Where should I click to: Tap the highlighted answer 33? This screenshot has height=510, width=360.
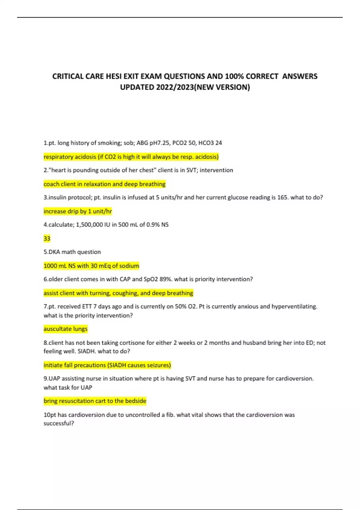point(47,238)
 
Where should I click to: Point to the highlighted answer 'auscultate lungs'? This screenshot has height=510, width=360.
point(65,329)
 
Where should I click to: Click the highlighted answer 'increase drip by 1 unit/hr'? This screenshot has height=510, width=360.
point(78,211)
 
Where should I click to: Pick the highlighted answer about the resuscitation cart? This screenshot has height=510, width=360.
point(95,401)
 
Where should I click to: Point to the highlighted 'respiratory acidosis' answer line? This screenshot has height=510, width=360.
point(131,157)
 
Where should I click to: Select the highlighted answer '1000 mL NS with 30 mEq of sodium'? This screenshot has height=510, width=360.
point(91,266)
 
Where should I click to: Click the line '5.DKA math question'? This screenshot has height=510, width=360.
point(72,252)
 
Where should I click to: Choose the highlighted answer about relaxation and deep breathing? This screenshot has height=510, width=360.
point(104,184)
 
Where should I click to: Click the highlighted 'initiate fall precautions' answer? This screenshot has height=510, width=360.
point(107,365)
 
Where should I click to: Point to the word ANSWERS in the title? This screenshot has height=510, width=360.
point(300,76)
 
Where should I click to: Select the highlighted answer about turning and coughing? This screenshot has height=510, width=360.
point(118,293)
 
